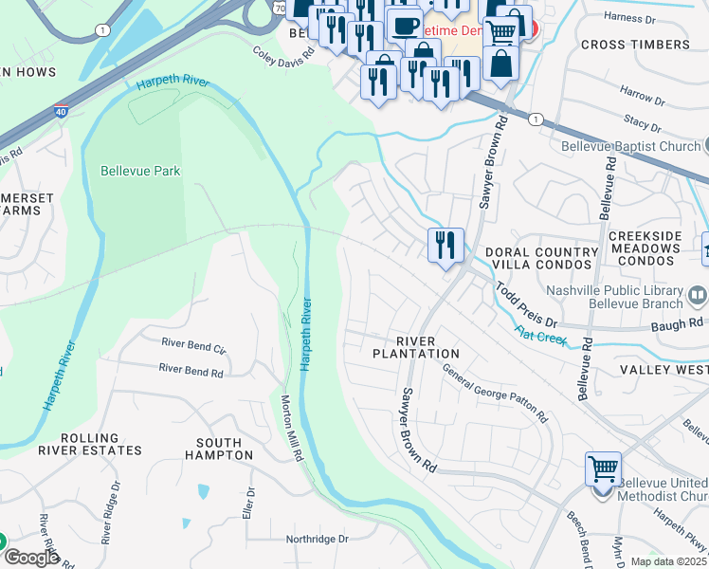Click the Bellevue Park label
[x=140, y=171]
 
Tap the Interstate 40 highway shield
[x=61, y=112]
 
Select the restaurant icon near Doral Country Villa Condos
[x=445, y=245]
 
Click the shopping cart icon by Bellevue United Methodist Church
[x=603, y=468]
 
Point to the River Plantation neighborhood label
[x=415, y=346]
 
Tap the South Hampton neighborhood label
[x=225, y=449]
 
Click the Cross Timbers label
[x=635, y=45]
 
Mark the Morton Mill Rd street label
[x=292, y=428]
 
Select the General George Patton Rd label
[x=495, y=395]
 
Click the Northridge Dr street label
[x=318, y=539]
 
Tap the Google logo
[x=30, y=558]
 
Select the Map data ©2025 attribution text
[x=668, y=561]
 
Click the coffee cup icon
[x=405, y=25]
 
